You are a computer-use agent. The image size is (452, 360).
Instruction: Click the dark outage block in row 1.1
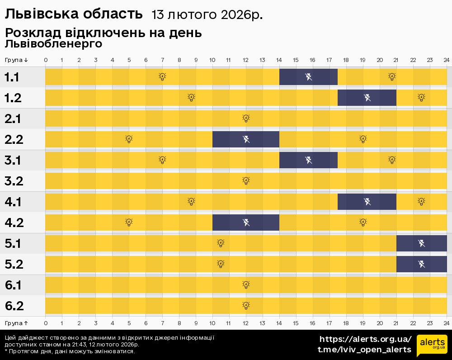tap(308, 77)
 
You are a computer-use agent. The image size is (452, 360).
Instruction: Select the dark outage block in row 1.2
tap(367, 98)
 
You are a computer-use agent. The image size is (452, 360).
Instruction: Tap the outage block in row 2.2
tap(246, 139)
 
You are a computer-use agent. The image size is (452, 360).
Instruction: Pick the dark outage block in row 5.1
tap(421, 243)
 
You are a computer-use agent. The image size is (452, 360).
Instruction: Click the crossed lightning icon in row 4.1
tap(367, 202)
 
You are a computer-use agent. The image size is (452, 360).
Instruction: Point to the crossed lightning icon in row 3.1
tap(308, 160)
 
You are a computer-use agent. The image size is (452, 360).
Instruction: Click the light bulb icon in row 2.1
tap(246, 118)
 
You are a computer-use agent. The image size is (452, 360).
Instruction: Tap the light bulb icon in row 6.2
tap(246, 306)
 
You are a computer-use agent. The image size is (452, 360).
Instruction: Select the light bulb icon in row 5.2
tap(221, 264)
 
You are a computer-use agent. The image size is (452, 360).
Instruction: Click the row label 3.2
tap(14, 181)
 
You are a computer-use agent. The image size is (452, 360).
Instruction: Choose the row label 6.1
tap(14, 285)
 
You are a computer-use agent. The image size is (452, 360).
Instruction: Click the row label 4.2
tap(14, 223)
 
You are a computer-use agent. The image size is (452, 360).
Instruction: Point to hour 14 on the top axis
tap(279, 60)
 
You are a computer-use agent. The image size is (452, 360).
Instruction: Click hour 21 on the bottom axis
tap(396, 323)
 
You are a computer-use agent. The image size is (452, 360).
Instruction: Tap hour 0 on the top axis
tap(46, 60)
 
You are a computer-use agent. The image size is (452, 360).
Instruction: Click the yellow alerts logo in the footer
tap(432, 346)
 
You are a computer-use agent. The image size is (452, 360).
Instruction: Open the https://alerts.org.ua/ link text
tap(365, 339)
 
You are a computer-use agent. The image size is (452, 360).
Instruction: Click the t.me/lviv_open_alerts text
tap(364, 350)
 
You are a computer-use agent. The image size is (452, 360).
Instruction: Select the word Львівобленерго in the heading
tap(53, 44)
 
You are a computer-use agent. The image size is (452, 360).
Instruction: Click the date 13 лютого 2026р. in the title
tap(207, 15)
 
